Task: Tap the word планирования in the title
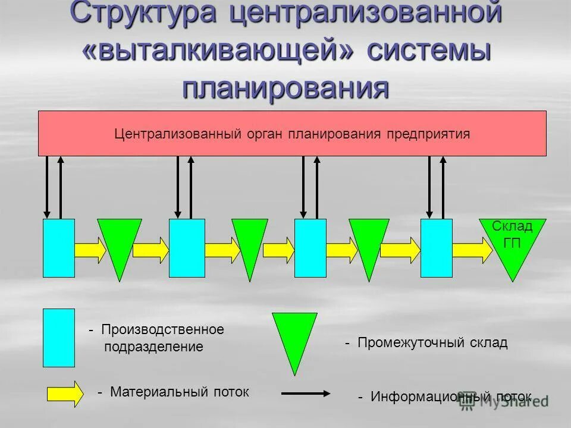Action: pyautogui.click(x=285, y=87)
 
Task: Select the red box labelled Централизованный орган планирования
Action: pyautogui.click(x=292, y=133)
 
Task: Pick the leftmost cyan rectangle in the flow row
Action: pyautogui.click(x=59, y=248)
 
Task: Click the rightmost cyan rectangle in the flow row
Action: pyautogui.click(x=436, y=248)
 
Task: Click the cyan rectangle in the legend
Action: pyautogui.click(x=59, y=337)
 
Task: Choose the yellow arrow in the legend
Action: pyautogui.click(x=65, y=394)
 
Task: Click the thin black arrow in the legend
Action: pyautogui.click(x=305, y=393)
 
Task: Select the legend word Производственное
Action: pyautogui.click(x=162, y=329)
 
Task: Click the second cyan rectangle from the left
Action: pyautogui.click(x=187, y=248)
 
